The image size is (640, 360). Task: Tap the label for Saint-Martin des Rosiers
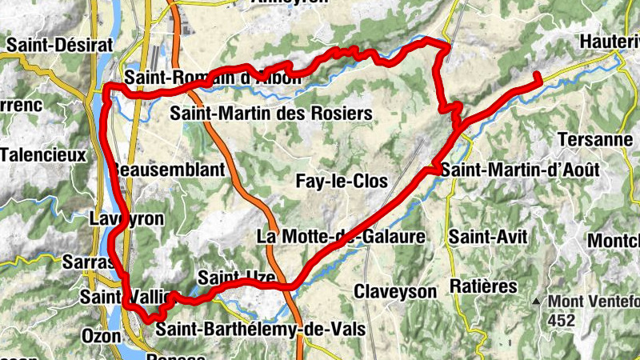(271, 114)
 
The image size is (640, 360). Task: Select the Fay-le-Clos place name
(342, 182)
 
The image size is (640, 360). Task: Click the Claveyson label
(395, 290)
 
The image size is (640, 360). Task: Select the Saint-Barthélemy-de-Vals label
(260, 330)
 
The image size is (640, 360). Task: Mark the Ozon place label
(102, 335)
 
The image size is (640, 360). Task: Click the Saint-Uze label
(236, 278)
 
